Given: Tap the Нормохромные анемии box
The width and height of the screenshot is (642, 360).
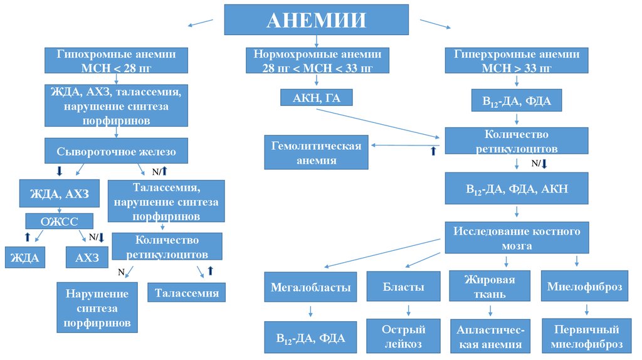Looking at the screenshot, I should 317,60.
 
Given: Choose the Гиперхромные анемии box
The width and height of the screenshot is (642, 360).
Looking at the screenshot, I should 517,60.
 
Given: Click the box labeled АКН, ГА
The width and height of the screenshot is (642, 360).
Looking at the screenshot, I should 317,97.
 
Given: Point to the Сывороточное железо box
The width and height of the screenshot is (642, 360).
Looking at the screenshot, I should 116,151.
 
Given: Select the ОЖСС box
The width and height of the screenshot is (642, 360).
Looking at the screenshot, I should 59,221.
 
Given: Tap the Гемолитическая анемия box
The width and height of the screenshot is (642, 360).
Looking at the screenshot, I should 316,153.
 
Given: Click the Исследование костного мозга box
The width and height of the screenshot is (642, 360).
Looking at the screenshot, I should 517,238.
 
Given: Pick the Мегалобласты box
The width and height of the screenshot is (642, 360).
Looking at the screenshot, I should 310,287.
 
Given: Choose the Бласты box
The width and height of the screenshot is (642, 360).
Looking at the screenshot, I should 404,287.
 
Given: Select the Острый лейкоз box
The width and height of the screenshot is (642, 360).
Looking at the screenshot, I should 404,336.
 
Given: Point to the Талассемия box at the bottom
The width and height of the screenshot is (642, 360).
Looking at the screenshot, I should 187,293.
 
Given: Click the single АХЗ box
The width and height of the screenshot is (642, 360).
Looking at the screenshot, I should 87,257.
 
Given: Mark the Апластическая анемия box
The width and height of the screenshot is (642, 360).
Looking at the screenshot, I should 490,337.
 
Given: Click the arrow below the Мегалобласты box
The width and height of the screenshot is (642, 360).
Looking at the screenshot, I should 310,310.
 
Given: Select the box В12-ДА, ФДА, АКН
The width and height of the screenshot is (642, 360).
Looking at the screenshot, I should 517,188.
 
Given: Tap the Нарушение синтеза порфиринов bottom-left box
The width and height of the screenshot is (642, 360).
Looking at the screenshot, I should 97,307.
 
